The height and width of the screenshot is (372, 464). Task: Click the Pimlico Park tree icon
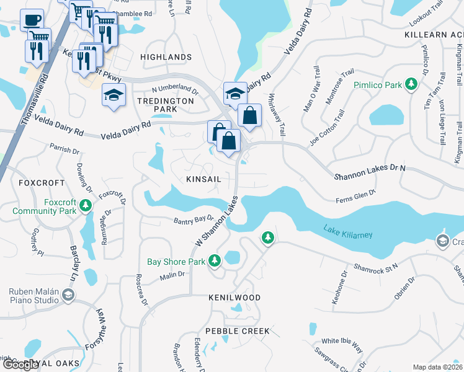click(411, 84)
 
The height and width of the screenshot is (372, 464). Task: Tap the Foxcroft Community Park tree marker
click(86, 205)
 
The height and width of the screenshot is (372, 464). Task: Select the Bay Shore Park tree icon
click(215, 260)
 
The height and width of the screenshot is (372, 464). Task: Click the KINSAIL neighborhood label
click(204, 179)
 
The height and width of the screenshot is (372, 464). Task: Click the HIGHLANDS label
click(166, 57)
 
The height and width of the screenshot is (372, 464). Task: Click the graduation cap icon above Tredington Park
click(114, 95)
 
